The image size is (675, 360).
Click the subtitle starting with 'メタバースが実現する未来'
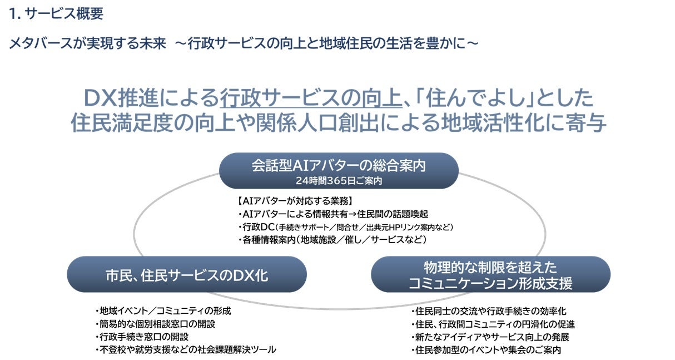(x=244, y=43)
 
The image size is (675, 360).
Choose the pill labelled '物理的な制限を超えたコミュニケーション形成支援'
(x=490, y=274)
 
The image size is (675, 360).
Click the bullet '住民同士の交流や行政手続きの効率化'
(x=489, y=312)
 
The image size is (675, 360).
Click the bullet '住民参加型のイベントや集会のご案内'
(x=486, y=350)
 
